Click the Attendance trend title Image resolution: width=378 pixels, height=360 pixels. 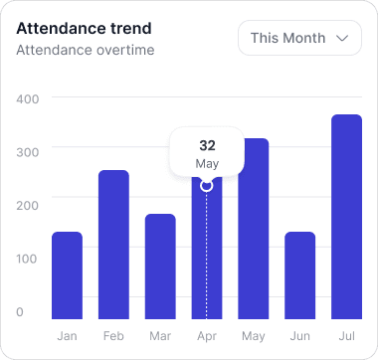click(x=78, y=28)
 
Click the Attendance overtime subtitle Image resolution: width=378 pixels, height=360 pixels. click(x=86, y=49)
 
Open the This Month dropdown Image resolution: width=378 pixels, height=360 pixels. click(x=299, y=38)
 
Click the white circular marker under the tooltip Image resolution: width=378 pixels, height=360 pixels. click(x=207, y=185)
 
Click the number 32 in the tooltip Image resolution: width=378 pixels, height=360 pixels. click(x=207, y=145)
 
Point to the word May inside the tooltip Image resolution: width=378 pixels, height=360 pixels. click(x=207, y=163)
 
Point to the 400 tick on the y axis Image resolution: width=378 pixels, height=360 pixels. click(x=27, y=98)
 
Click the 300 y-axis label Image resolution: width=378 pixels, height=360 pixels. click(x=27, y=151)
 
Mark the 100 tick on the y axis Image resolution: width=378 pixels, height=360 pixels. click(x=27, y=259)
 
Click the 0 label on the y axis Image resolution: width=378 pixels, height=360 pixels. click(x=20, y=312)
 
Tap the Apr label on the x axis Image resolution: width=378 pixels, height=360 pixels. click(x=207, y=336)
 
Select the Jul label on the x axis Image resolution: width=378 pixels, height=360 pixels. click(x=346, y=336)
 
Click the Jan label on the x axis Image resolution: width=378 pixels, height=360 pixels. click(x=67, y=336)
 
